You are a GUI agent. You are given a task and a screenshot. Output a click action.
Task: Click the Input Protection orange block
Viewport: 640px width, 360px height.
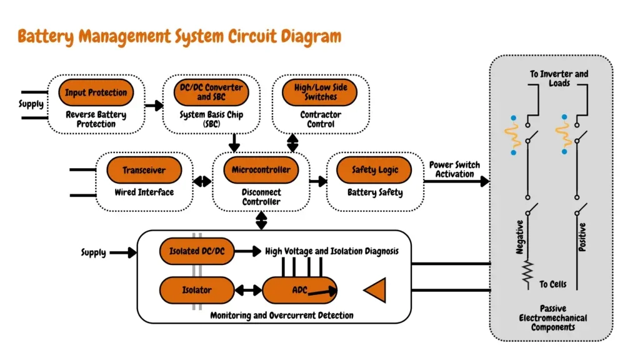(x=96, y=92)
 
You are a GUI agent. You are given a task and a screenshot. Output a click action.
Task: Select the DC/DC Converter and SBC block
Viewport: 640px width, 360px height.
(x=211, y=92)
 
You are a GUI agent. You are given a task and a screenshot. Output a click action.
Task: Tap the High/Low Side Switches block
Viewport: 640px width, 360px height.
(x=320, y=92)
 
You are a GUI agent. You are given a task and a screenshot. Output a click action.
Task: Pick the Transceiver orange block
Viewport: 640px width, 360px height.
(x=144, y=170)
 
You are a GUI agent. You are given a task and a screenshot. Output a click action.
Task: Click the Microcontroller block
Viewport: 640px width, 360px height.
(x=261, y=170)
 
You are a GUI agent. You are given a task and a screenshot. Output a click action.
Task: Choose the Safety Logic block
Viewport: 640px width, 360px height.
(x=374, y=170)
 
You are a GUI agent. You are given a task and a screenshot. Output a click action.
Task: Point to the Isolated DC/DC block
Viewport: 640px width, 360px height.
(x=197, y=251)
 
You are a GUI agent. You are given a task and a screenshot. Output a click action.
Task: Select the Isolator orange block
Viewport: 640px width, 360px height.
(x=197, y=290)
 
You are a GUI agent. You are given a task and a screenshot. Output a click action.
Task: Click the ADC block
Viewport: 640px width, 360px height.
(x=299, y=290)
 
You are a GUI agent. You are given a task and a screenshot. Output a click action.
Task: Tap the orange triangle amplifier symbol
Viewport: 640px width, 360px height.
(x=376, y=290)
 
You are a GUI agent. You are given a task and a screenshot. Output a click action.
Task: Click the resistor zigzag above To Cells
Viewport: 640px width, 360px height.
(x=527, y=272)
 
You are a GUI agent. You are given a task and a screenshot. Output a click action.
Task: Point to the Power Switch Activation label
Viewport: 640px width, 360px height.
(x=454, y=169)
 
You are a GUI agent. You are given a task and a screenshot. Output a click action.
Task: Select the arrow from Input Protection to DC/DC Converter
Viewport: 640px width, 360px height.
(x=154, y=106)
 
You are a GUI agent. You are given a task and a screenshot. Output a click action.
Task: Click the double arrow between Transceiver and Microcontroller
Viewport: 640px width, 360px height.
(x=202, y=181)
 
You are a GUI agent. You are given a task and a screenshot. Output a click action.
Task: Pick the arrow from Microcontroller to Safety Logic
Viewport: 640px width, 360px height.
(x=318, y=181)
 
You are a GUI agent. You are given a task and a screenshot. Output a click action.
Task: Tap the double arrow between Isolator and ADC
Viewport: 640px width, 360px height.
(x=248, y=291)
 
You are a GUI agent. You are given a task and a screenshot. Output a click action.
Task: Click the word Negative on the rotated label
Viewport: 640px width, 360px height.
(x=519, y=237)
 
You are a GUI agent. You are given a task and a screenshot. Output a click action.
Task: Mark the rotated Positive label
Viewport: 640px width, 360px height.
(x=582, y=237)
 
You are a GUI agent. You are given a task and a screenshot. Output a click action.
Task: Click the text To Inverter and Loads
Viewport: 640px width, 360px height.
(x=559, y=78)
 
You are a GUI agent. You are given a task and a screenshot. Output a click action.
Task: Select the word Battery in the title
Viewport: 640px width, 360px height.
(x=46, y=37)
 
